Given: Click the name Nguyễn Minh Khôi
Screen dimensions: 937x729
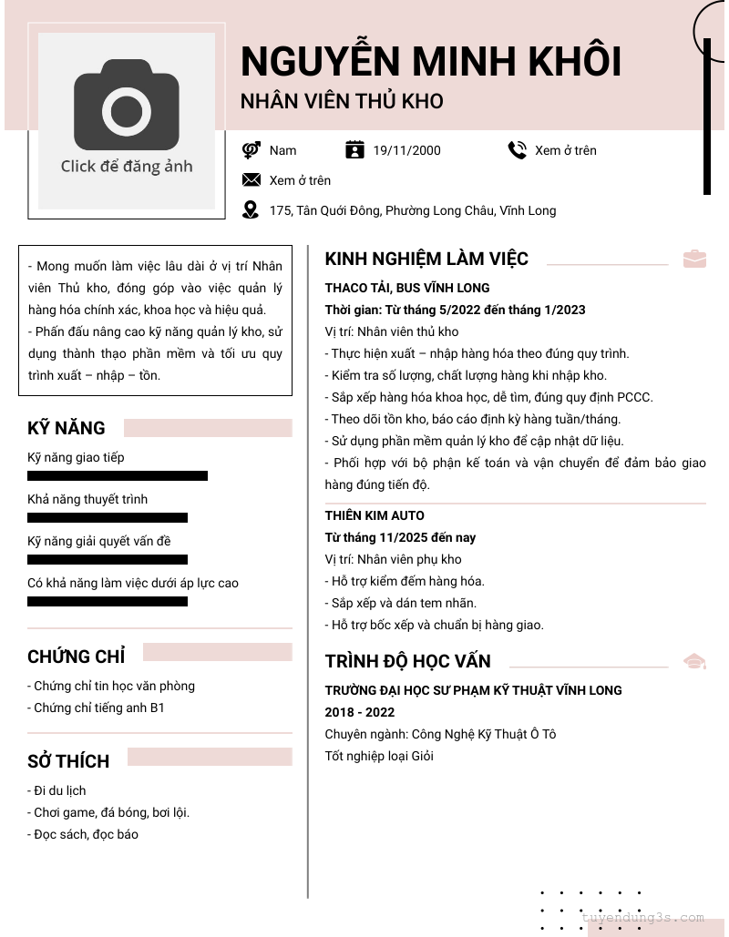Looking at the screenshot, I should [430, 62].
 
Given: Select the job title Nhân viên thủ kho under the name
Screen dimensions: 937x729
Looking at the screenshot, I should [342, 101].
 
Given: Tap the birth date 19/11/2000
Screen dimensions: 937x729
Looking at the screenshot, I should [406, 150].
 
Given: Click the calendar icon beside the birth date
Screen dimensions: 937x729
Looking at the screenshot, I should [354, 150].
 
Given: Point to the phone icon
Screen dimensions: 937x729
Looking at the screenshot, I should [517, 150].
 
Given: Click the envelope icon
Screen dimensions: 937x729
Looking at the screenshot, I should [251, 180].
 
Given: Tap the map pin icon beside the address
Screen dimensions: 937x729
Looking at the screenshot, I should [251, 210].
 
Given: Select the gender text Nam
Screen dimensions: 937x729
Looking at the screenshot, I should [282, 150].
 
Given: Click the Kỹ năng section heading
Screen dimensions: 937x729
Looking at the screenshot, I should [67, 428].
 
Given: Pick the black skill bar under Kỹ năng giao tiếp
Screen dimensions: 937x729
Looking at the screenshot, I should [118, 475].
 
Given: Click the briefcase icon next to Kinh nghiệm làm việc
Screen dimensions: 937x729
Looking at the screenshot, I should [694, 259].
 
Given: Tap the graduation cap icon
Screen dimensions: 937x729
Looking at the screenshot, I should [694, 661].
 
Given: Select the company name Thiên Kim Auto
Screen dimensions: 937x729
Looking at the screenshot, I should [375, 515].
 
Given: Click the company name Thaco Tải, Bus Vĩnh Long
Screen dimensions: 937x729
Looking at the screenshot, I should [407, 288].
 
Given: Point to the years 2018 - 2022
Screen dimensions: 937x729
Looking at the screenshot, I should [360, 712].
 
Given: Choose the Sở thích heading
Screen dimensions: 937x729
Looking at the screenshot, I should [68, 761].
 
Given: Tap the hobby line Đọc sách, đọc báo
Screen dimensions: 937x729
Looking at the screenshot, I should [83, 834].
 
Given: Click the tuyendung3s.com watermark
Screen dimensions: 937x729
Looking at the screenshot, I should [642, 917].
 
